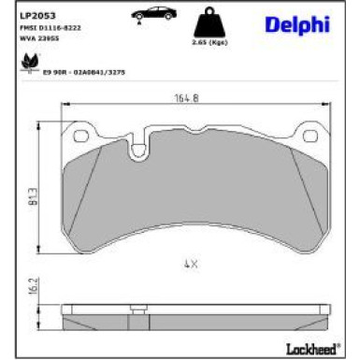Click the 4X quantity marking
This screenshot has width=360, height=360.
[x=190, y=265]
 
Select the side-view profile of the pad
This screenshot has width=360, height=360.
[x=190, y=312]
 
